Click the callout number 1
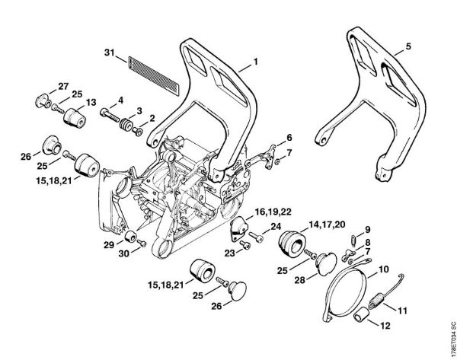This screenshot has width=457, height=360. click(256, 60)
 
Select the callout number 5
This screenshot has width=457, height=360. click(408, 45)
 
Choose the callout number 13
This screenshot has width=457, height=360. click(90, 103)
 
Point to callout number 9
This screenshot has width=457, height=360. click(366, 228)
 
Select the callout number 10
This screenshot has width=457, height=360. click(383, 269)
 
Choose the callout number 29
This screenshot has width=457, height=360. click(109, 244)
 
